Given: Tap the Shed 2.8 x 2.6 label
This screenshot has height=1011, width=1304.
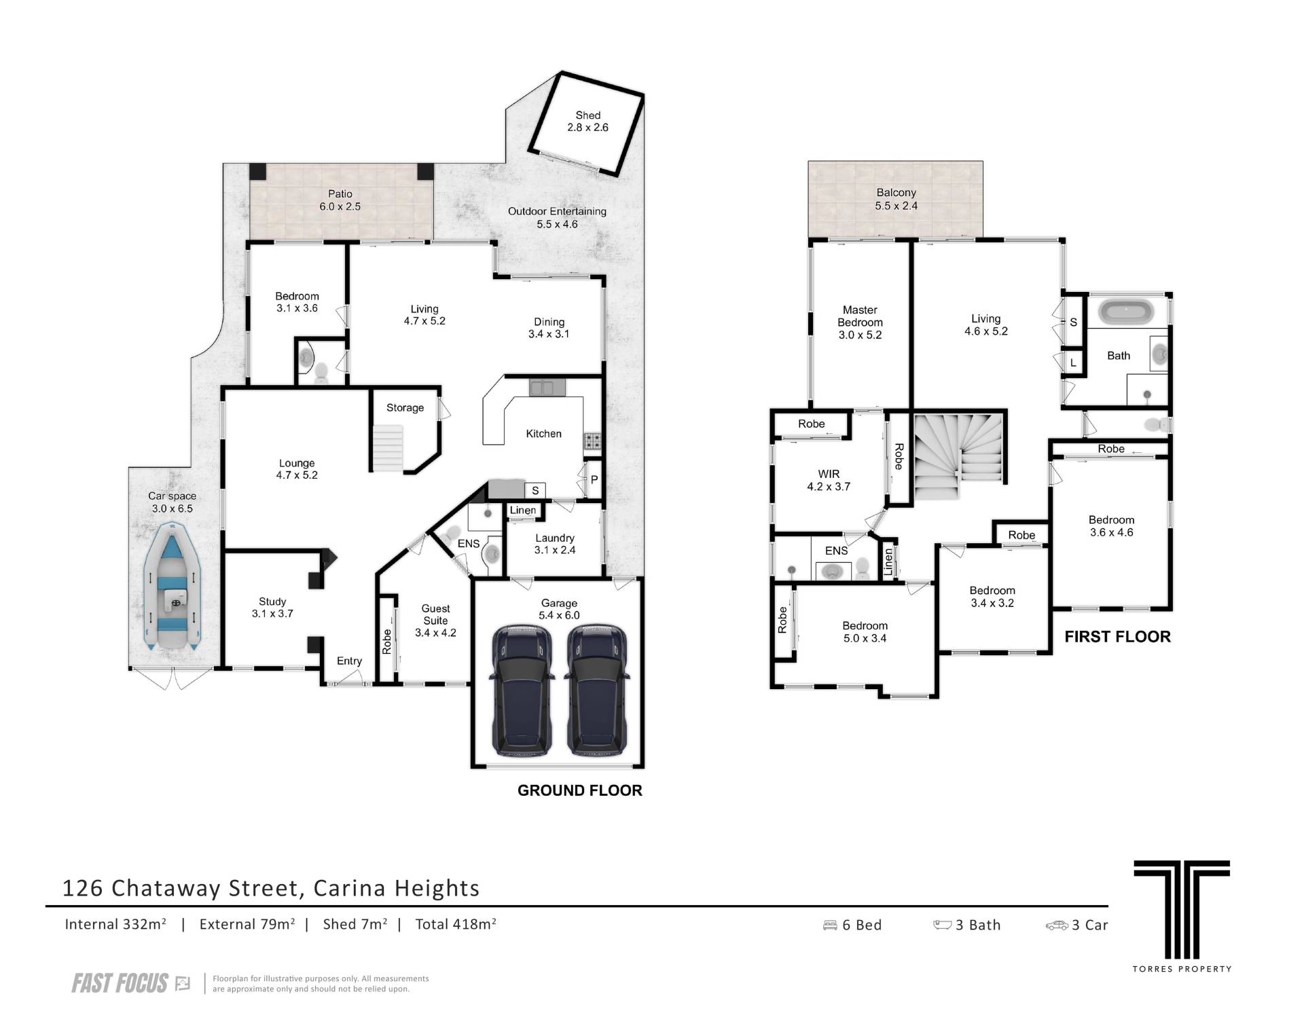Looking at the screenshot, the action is [587, 122].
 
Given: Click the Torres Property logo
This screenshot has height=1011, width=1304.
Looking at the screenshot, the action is [1182, 915].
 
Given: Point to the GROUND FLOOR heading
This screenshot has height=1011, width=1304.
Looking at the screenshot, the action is [579, 790].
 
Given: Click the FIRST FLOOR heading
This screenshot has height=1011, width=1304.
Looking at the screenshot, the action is [1117, 637].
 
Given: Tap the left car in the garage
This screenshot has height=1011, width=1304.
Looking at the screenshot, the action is [522, 691].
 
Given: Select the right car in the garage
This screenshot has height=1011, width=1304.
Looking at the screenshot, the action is [596, 691].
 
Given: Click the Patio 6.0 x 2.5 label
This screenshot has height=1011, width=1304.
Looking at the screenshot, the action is [340, 200].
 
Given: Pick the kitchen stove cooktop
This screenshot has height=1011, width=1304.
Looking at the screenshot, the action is [592, 442].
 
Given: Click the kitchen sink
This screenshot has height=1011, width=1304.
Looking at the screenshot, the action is [547, 388].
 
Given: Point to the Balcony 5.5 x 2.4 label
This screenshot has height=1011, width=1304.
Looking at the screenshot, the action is [896, 199].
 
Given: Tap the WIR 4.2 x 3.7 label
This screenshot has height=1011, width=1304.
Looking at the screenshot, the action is [829, 480].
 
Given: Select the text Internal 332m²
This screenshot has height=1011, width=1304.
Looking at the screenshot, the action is [115, 924].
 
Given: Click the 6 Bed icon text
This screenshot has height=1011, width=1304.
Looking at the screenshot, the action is [852, 925].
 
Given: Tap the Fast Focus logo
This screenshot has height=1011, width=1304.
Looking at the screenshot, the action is [130, 983].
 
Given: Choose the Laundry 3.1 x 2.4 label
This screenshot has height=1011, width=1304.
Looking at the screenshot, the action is [555, 544].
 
